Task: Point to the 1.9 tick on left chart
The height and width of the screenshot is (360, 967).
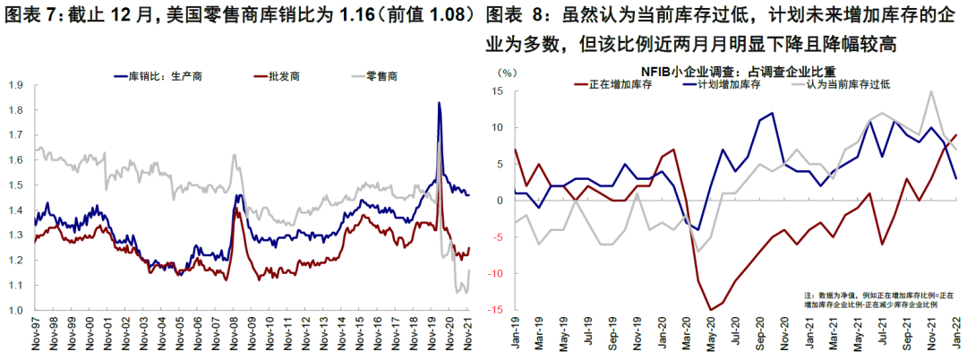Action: [15, 86]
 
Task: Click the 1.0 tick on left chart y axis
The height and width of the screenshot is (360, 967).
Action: [15, 311]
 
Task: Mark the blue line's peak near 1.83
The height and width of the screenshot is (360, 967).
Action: [439, 103]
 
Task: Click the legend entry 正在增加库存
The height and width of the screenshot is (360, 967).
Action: [618, 85]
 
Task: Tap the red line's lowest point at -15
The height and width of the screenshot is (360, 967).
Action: [711, 310]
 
